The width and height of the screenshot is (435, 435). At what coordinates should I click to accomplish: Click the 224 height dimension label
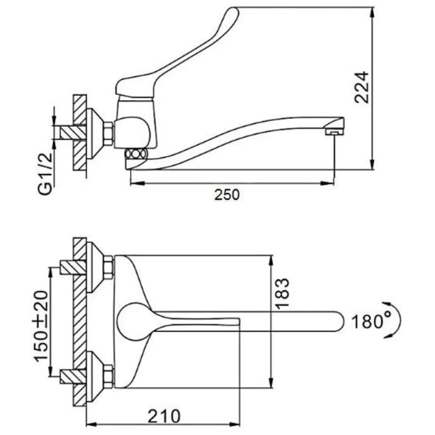tap(362, 88)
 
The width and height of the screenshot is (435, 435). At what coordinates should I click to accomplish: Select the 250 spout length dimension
tap(227, 194)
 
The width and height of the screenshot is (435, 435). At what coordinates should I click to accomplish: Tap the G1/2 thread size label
tap(45, 174)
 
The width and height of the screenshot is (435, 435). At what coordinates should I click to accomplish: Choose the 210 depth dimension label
tap(164, 416)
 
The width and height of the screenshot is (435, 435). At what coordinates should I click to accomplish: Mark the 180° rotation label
tap(371, 322)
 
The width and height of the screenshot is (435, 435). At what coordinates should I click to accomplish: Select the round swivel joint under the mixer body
tap(135, 154)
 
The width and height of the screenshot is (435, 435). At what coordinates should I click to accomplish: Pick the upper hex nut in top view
tap(108, 267)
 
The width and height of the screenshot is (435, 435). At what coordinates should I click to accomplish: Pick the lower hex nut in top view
tap(108, 376)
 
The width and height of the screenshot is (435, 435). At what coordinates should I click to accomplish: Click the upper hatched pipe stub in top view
tap(73, 267)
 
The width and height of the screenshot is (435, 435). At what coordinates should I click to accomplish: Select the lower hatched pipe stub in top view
tap(73, 376)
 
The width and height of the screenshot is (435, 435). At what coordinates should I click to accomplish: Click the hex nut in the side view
tap(109, 133)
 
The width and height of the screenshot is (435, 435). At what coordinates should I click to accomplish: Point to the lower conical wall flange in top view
tap(95, 376)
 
